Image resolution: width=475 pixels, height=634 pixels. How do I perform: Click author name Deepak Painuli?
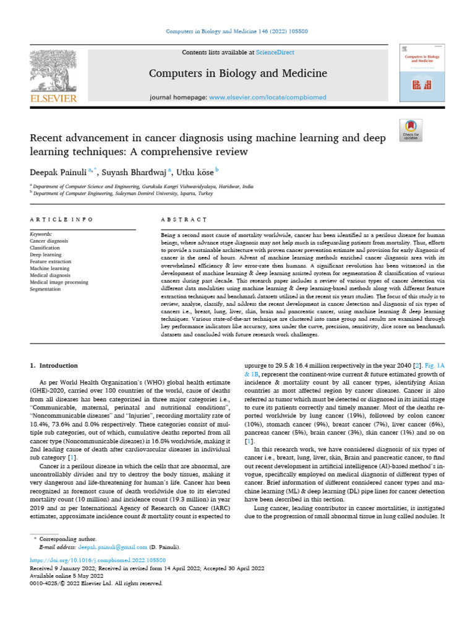click(x=59, y=171)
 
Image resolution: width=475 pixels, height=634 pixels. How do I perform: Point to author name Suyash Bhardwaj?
click(x=137, y=171)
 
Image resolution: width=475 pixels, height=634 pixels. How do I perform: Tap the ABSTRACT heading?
click(x=183, y=219)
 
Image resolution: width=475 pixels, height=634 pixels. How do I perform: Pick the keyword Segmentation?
click(x=46, y=289)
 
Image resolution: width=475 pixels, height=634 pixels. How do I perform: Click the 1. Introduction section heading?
click(x=54, y=366)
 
